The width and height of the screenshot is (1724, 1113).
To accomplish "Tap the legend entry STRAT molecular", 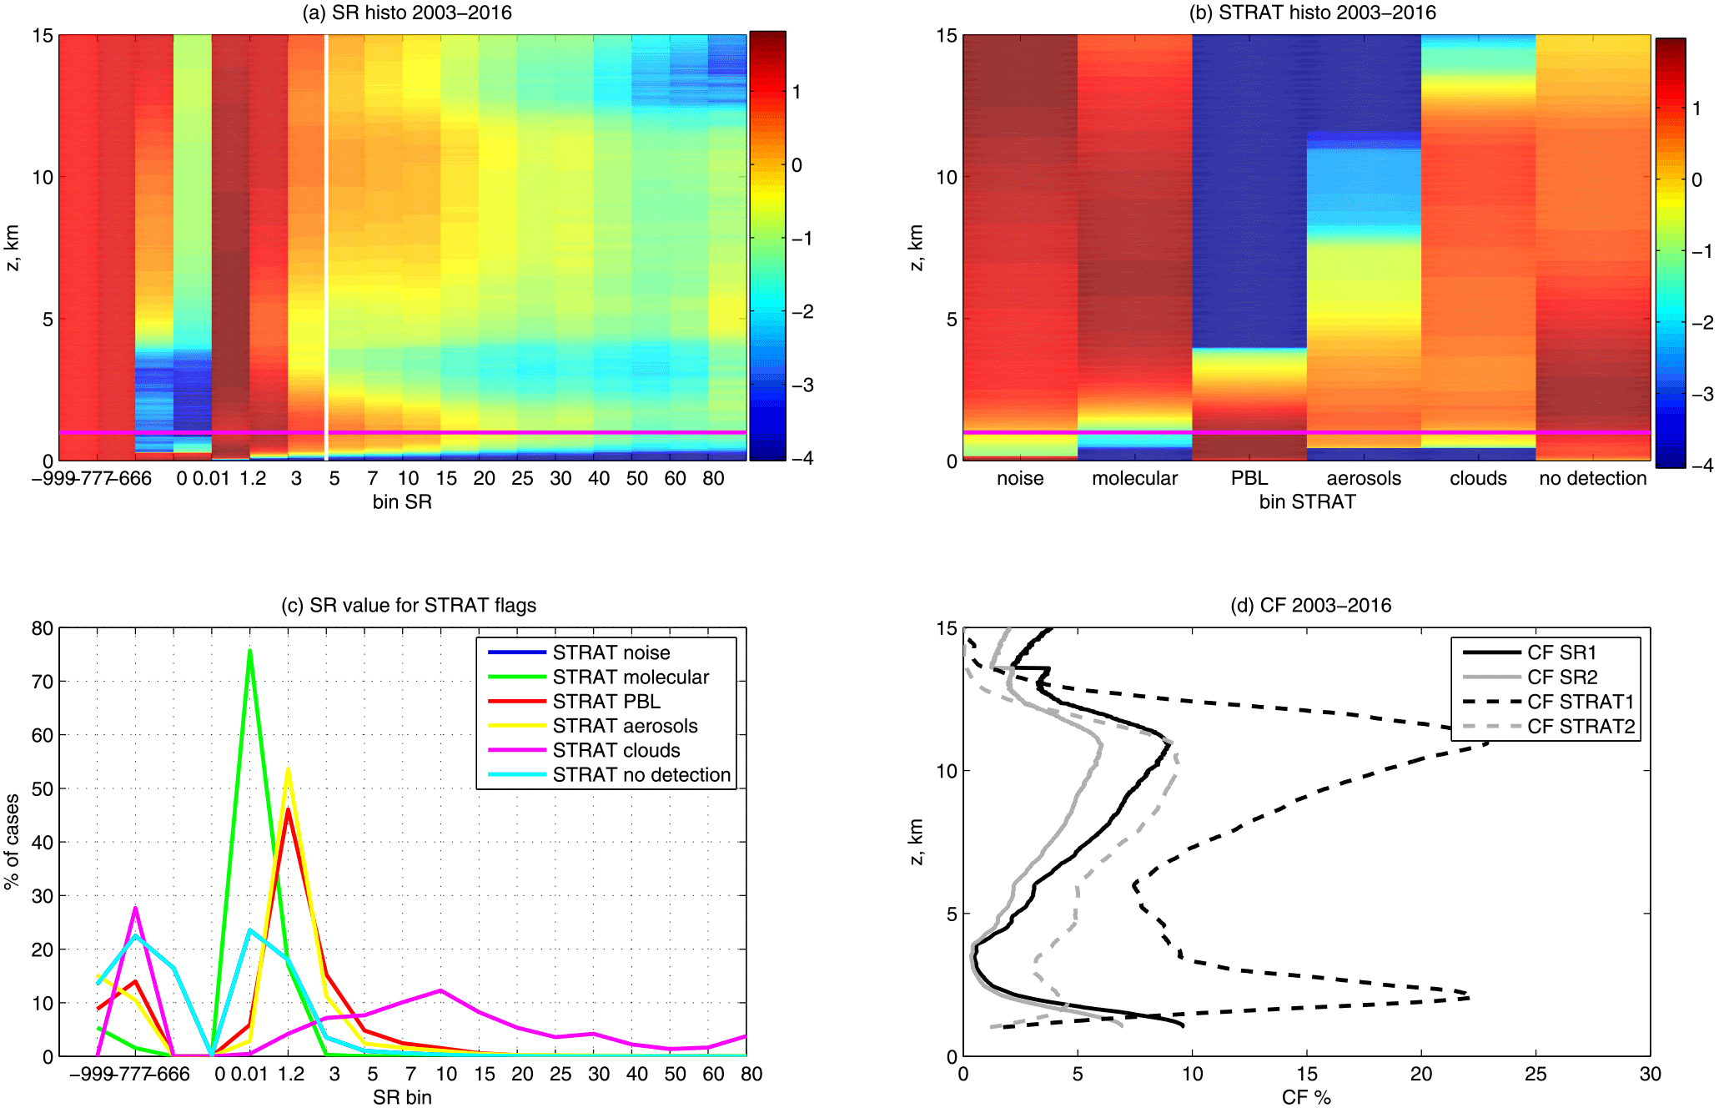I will click(630, 677).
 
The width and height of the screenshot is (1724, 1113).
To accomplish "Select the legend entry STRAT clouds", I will click(616, 750).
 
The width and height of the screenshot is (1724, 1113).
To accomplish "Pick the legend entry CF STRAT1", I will click(1581, 702).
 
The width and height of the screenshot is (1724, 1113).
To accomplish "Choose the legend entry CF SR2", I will click(1562, 677).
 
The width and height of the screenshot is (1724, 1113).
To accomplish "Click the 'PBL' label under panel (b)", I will click(1249, 478).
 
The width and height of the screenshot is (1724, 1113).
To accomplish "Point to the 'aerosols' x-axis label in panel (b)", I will click(1364, 478).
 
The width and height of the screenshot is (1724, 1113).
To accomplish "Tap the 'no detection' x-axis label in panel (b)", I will click(1593, 478).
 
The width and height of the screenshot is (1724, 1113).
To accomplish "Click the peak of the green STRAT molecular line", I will click(249, 651).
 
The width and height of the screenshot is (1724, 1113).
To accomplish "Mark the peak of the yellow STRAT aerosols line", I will click(288, 769).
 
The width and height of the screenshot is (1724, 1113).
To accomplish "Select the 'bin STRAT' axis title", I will click(1307, 501).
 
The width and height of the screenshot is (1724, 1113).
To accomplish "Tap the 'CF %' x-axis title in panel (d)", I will click(1306, 1097).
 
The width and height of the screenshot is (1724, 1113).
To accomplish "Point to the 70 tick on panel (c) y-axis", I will click(42, 682).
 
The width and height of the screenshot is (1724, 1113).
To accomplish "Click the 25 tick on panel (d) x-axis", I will click(1536, 1074).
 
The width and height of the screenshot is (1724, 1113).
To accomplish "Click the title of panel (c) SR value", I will click(409, 605).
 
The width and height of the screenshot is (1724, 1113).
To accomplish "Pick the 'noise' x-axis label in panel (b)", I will click(1020, 478).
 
